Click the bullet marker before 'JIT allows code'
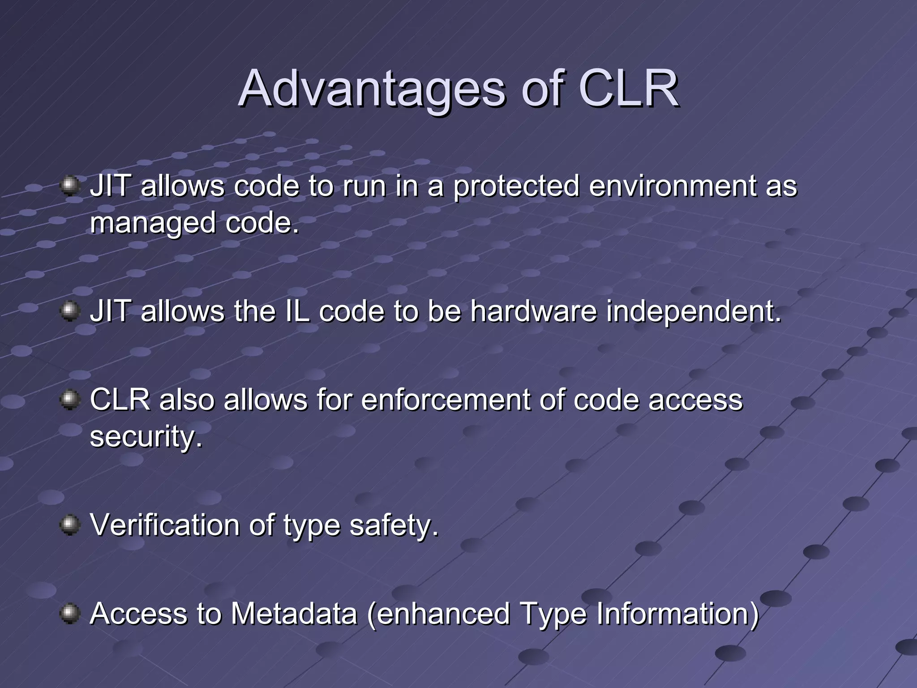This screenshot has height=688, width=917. click(70, 185)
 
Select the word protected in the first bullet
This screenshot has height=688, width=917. click(516, 186)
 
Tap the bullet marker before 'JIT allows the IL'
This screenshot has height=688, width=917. click(70, 311)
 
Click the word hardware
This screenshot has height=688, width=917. click(533, 311)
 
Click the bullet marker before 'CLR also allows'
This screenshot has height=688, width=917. click(70, 400)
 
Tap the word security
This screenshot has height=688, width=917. click(146, 437)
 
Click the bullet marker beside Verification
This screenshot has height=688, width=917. click(70, 525)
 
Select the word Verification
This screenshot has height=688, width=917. click(165, 525)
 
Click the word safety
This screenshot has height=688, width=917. click(393, 525)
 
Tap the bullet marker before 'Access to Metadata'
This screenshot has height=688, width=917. click(70, 613)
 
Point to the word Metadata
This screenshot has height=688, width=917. click(294, 613)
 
